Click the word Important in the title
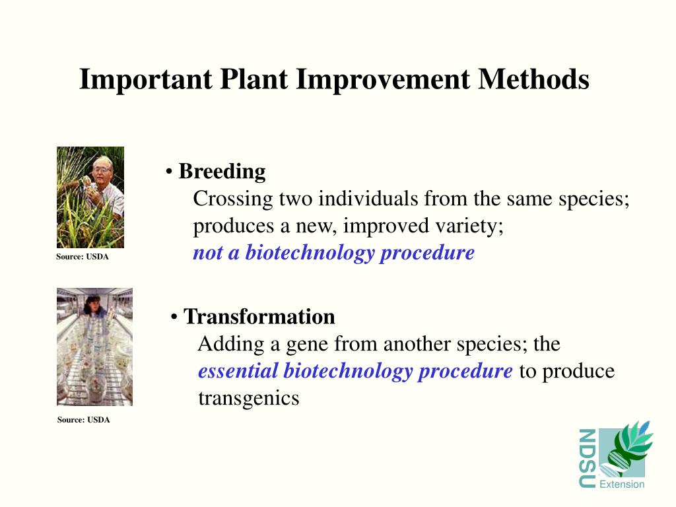146,79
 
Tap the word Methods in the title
533,79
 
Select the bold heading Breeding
222,172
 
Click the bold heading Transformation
259,316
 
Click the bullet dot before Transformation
174,318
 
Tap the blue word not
207,253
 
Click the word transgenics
249,398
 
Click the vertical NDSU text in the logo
587,458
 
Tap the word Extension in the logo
622,484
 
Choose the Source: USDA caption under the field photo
83,257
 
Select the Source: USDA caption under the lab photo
84,419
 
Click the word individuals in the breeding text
368,199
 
